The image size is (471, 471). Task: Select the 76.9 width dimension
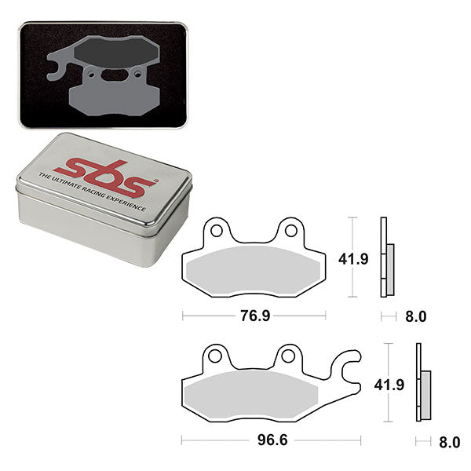pyautogui.click(x=252, y=316)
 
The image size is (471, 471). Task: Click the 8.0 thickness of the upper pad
pyautogui.click(x=415, y=317)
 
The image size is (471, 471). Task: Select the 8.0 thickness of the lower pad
pyautogui.click(x=449, y=443)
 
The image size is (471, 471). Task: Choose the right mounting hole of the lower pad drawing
pyautogui.click(x=288, y=356)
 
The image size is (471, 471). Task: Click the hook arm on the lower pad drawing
pyautogui.click(x=345, y=366)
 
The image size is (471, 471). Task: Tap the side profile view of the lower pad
pyautogui.click(x=422, y=384)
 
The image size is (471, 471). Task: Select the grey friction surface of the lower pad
pyautogui.click(x=251, y=392)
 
